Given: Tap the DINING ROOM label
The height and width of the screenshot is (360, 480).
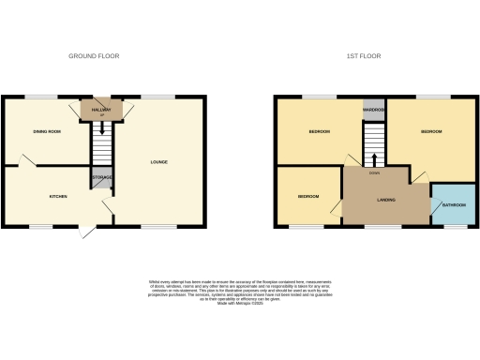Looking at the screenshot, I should [x=47, y=131].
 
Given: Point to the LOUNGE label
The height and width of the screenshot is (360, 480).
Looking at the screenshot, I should [x=158, y=163].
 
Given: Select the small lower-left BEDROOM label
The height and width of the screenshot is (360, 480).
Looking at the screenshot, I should [x=308, y=197].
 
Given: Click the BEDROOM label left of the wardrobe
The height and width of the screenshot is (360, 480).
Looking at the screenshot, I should [x=320, y=131].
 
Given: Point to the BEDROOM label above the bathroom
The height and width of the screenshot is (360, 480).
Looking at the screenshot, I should [x=430, y=131].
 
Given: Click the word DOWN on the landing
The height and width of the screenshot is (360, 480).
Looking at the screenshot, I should [x=374, y=173].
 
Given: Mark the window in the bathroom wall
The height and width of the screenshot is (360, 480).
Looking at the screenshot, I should [x=448, y=226].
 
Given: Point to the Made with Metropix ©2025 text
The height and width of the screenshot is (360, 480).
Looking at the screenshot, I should [x=240, y=303].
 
